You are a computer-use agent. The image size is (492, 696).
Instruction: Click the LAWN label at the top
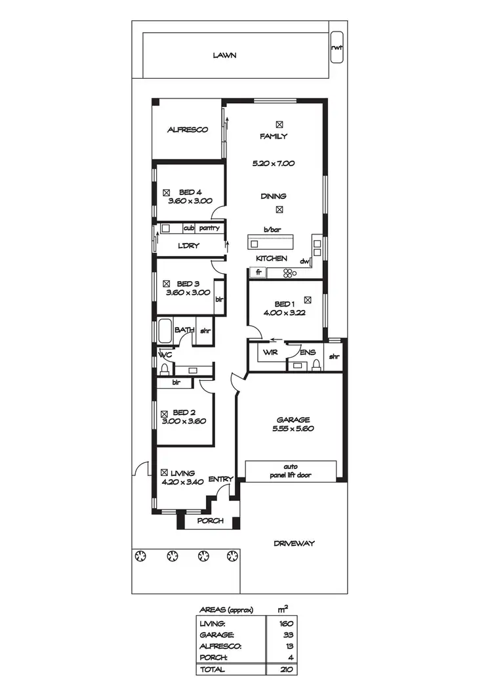pos(224,56)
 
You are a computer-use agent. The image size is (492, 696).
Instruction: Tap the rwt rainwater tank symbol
pos(336,47)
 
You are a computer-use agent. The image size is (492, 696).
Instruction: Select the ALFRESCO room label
pos(187,130)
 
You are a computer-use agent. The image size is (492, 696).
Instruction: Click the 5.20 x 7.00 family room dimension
pos(274,163)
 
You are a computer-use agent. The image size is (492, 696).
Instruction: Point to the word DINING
pos(274,196)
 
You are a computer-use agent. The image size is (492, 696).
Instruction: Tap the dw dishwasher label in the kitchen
pos(304,261)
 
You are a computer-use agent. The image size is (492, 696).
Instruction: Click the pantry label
pos(209,228)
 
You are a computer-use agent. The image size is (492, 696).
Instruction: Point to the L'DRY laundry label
pos(189,246)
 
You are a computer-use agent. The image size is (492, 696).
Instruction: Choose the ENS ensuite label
pos(306,353)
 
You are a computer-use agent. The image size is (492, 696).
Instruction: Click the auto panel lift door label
pos(291,470)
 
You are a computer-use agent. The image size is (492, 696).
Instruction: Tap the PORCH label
pos(210,521)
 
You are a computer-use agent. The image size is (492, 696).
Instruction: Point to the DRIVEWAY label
pos(294,543)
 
